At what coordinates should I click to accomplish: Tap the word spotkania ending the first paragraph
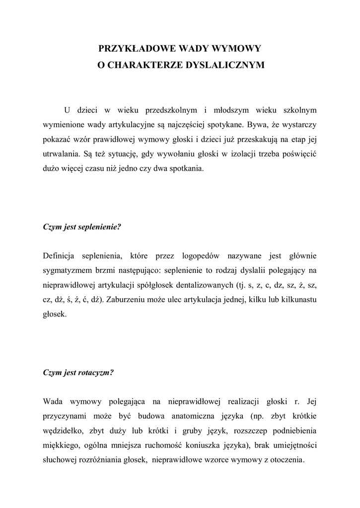click(186, 168)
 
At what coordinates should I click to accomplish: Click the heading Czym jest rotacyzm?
click(78, 373)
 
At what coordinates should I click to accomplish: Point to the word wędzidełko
click(62, 430)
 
